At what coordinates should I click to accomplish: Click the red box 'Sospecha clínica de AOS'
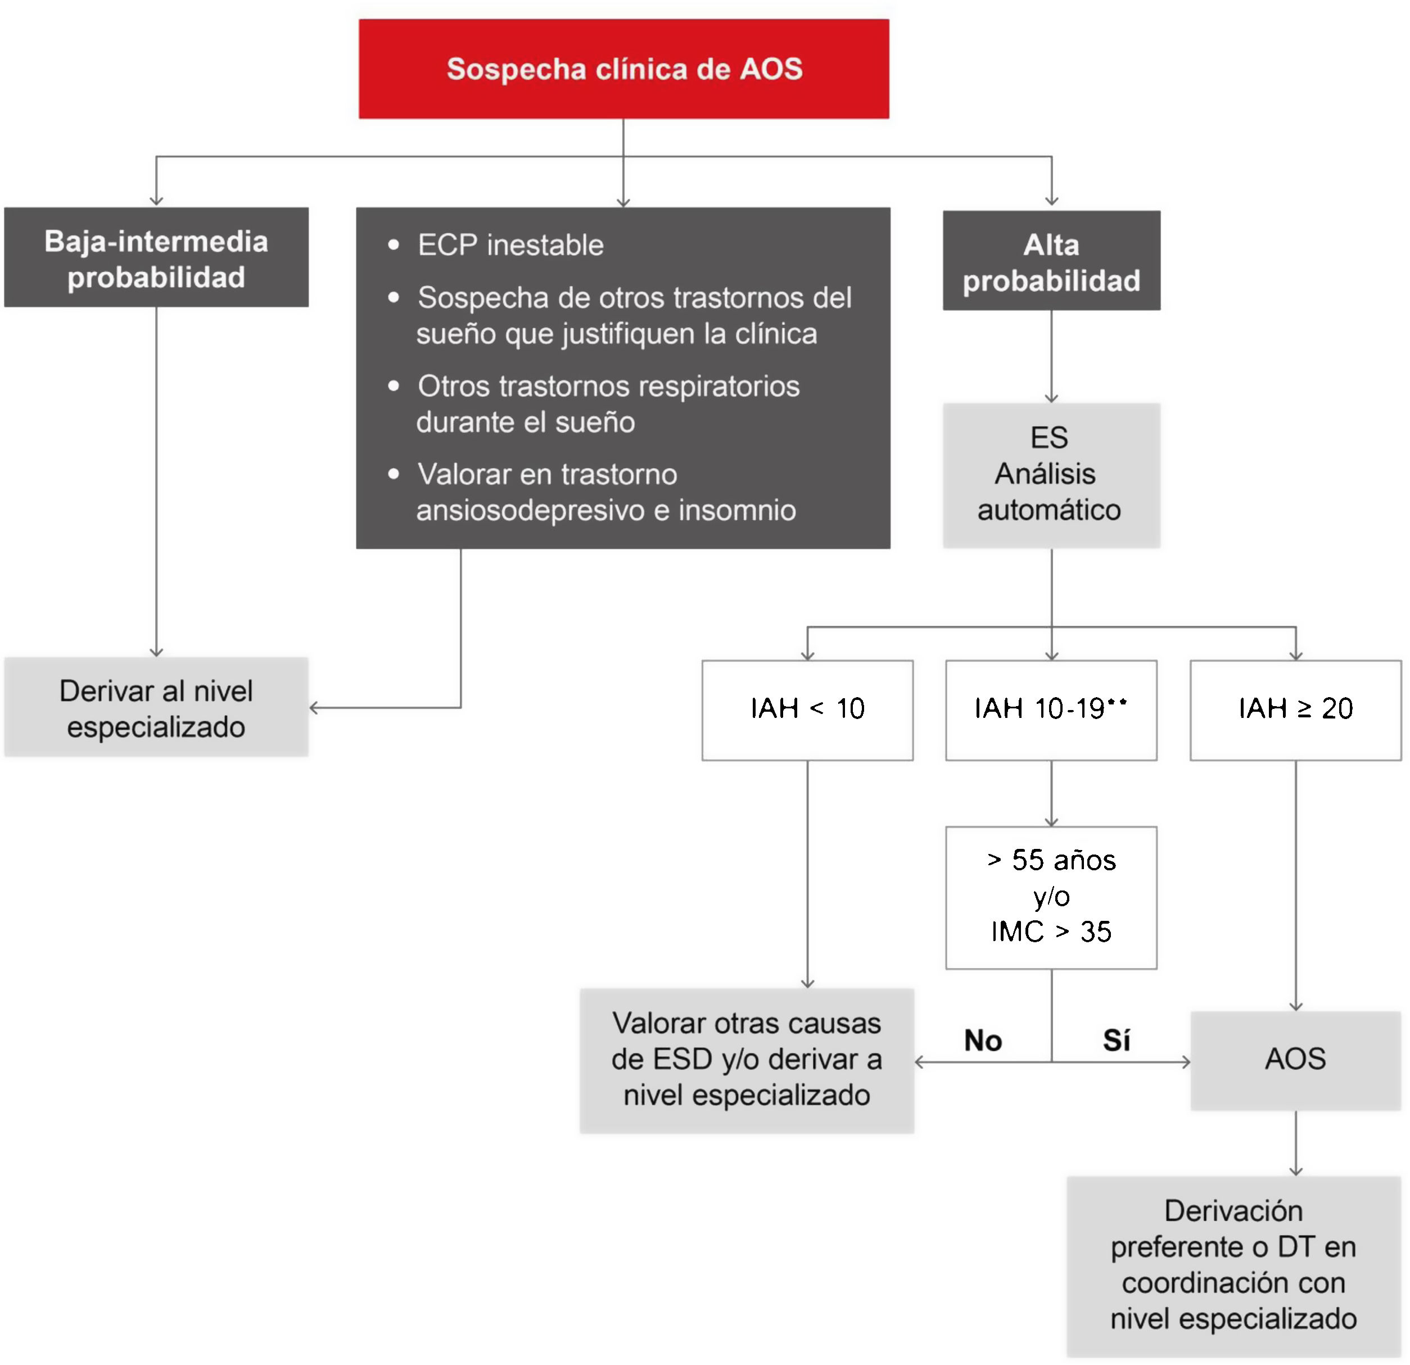[x=623, y=69]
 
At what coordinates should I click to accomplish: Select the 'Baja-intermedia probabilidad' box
[x=156, y=257]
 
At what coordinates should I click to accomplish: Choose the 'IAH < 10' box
[x=807, y=709]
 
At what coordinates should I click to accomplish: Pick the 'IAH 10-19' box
[x=1051, y=709]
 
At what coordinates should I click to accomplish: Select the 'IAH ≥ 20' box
[x=1296, y=709]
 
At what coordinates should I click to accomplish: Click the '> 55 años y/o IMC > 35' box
[x=1051, y=897]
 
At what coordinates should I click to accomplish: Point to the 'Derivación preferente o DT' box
[x=1233, y=1264]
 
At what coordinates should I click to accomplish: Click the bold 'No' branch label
[x=983, y=1041]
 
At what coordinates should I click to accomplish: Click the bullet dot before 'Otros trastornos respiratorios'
[x=394, y=386]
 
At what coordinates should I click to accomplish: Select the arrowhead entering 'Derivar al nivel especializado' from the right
[x=314, y=708]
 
